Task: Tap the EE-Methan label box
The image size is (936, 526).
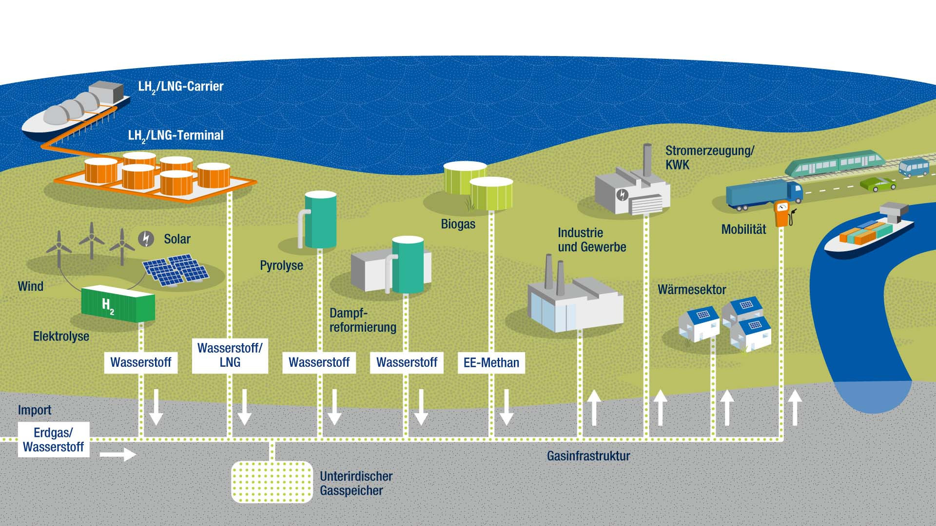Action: (491, 363)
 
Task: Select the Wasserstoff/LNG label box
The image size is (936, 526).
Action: (230, 355)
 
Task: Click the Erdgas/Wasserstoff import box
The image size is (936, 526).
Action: (54, 439)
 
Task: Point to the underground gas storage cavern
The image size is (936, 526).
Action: (272, 482)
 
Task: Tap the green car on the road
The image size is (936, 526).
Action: (877, 184)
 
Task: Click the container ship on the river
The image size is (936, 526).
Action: (869, 231)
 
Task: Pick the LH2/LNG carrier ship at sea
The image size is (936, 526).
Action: (76, 112)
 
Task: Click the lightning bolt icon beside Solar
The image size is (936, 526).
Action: (146, 239)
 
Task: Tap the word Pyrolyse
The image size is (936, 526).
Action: (281, 265)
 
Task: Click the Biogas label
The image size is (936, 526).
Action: (458, 224)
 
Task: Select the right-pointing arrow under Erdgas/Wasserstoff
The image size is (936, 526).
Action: (118, 454)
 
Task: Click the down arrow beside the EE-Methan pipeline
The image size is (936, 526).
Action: (507, 407)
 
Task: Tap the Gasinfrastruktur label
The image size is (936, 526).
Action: (588, 456)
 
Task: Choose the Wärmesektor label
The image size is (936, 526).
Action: (692, 290)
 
